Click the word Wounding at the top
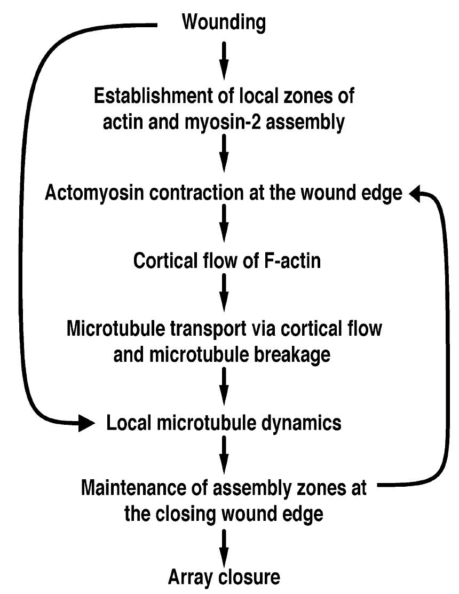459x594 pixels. [224, 22]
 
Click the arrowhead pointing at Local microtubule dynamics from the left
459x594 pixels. [88, 423]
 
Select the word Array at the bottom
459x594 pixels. [189, 577]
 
